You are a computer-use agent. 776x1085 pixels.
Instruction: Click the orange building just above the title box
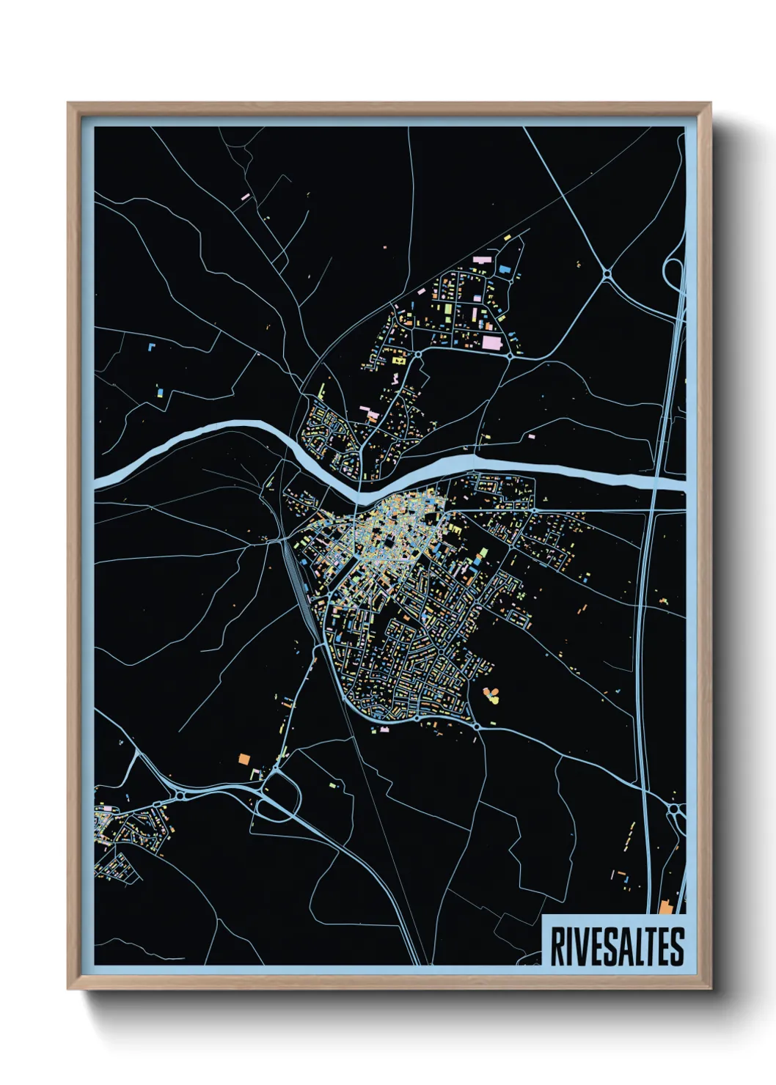coord(665,908)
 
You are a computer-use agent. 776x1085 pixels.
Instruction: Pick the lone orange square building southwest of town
coord(244,759)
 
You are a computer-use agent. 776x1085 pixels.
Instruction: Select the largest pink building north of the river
coord(491,342)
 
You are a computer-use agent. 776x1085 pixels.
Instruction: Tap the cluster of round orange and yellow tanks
coord(490,694)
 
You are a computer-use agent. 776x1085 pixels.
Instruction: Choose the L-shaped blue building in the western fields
coord(160,393)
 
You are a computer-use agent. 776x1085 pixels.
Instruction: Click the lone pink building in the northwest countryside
coord(246,196)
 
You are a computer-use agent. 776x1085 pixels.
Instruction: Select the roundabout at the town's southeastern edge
coord(477,725)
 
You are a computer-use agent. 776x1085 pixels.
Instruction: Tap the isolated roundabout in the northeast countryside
coord(607,274)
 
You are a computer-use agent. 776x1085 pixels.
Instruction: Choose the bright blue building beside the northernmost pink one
coord(505,269)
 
